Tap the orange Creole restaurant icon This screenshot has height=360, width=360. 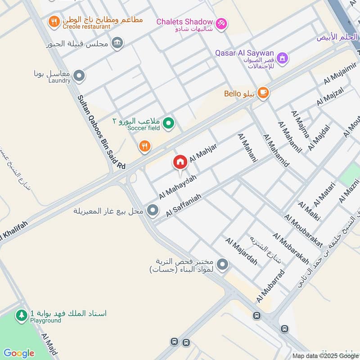54,21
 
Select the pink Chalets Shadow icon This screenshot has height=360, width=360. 221,23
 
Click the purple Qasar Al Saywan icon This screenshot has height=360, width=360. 282,58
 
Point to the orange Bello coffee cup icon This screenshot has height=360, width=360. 263,93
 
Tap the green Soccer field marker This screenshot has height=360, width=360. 169,122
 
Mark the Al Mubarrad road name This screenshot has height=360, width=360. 270,286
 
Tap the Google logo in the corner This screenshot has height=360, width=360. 19,353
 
